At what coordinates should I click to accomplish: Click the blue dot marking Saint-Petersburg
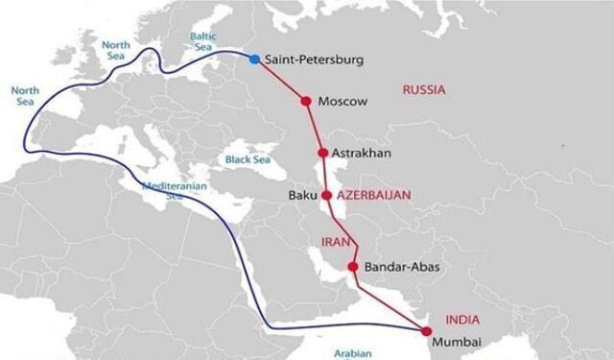click(x=254, y=60)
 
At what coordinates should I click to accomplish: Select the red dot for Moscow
click(x=306, y=101)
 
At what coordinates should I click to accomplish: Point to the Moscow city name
click(x=342, y=102)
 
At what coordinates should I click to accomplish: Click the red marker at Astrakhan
click(x=322, y=153)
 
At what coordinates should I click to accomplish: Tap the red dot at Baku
click(x=326, y=195)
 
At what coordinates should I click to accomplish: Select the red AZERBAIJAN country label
click(x=374, y=195)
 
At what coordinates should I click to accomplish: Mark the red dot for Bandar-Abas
click(x=353, y=267)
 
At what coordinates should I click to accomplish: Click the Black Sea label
click(x=246, y=159)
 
